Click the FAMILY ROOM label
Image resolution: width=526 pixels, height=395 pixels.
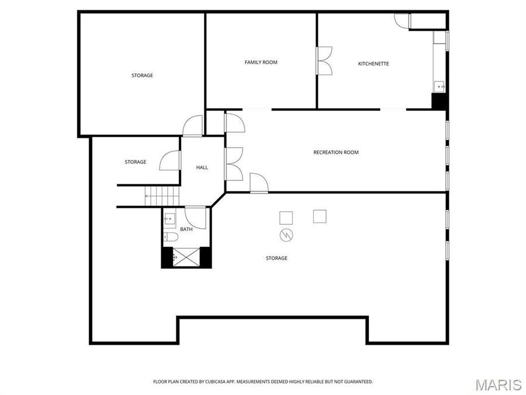(261, 62)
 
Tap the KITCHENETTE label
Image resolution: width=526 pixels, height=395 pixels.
(373, 64)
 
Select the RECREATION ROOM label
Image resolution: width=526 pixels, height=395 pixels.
(336, 152)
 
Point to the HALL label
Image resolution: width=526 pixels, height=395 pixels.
(202, 167)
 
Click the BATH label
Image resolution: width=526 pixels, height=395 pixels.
(186, 229)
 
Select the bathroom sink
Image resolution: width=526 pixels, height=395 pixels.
(169, 219)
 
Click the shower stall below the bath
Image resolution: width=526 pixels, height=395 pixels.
(186, 257)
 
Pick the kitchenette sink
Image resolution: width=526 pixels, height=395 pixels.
(439, 87)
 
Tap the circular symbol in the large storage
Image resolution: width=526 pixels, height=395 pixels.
(286, 235)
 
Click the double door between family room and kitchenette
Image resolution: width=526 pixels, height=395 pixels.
(324, 60)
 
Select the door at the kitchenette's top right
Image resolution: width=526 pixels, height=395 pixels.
(402, 20)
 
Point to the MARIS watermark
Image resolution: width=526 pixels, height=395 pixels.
(498, 384)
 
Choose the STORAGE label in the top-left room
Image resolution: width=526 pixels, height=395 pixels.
(142, 75)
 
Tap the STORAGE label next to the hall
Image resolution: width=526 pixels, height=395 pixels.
(135, 162)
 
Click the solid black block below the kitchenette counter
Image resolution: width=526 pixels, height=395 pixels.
(439, 101)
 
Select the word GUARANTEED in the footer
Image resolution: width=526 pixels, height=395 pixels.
(357, 382)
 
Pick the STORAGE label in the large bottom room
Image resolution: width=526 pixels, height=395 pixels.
(276, 258)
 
